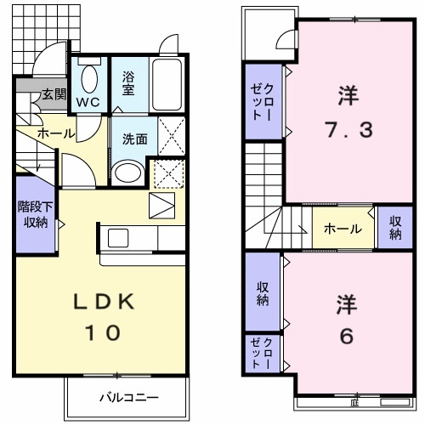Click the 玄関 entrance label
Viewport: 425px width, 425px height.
53,94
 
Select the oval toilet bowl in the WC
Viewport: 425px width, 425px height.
88,79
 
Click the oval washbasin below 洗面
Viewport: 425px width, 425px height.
129,174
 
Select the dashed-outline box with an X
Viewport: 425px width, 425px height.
169,174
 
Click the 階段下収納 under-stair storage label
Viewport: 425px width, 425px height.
33,214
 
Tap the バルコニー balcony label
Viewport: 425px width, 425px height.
126,397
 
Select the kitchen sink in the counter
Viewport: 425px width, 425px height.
116,237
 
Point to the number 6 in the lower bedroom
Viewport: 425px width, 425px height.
345,336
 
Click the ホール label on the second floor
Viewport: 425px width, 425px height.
343,229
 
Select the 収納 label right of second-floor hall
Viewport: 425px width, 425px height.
395,228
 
